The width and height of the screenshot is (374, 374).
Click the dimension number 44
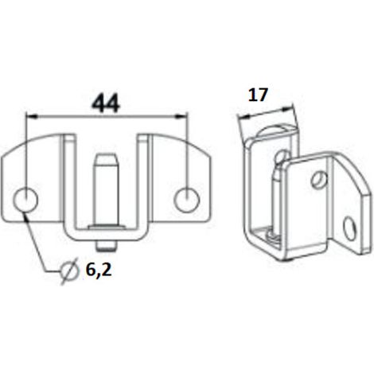coord(106,103)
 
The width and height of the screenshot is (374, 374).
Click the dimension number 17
coord(258,95)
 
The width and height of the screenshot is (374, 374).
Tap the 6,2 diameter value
coord(99,271)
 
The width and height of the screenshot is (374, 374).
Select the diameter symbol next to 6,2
coord(69,271)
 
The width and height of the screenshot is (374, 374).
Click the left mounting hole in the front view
coord(25,200)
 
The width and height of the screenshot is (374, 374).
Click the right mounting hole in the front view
coord(187,200)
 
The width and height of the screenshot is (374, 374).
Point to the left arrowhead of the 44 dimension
coord(32,115)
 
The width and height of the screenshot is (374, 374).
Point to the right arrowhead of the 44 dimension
coord(181,115)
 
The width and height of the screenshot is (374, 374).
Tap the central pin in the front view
coord(107,189)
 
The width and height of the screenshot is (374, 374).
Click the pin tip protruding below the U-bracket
coord(107,246)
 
